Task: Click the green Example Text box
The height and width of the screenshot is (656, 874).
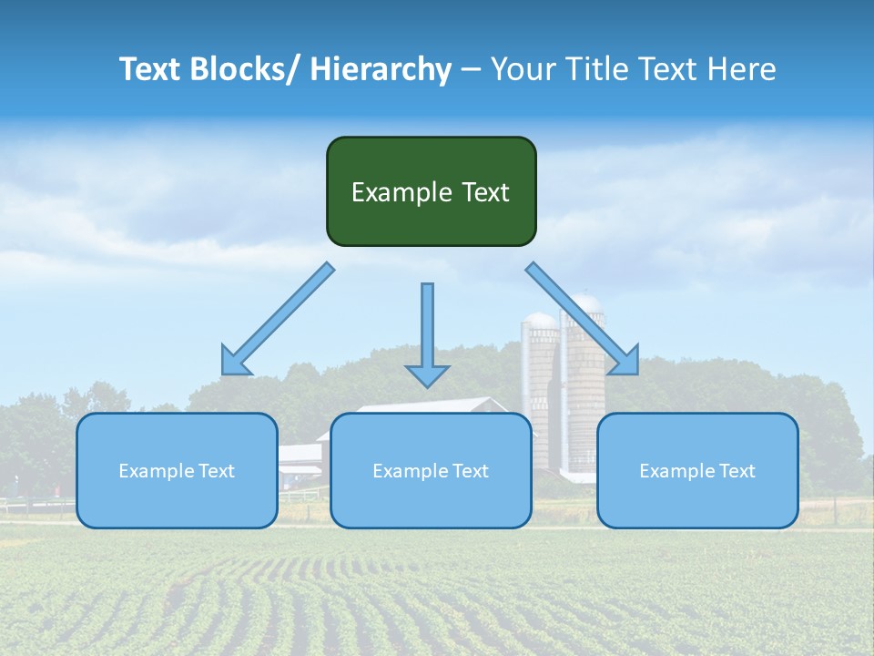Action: (431, 191)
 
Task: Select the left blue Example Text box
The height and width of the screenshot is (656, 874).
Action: (177, 470)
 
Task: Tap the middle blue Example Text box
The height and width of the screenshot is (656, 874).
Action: (431, 470)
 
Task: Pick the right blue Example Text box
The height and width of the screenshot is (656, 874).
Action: (697, 470)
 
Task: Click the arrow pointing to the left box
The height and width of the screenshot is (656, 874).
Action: (278, 319)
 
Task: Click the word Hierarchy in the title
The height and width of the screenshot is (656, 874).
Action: (381, 69)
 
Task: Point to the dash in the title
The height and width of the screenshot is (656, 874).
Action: (471, 69)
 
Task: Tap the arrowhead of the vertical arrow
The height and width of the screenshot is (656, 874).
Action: (427, 374)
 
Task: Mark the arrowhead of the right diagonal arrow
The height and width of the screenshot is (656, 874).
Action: (627, 363)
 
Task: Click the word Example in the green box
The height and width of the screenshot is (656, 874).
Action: (393, 192)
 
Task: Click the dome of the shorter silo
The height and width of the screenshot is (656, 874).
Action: (541, 321)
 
